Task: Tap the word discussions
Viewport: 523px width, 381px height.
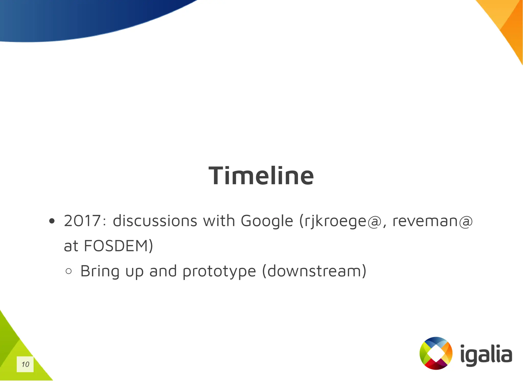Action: [x=155, y=221]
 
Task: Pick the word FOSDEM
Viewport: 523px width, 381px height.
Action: [x=116, y=246]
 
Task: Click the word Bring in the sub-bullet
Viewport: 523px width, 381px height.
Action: [x=100, y=271]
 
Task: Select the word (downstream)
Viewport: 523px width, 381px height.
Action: [x=314, y=271]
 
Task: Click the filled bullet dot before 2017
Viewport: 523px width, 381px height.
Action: [x=52, y=221]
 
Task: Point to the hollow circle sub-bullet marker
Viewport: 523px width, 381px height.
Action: [x=68, y=271]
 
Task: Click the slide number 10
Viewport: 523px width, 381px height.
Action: [x=25, y=364]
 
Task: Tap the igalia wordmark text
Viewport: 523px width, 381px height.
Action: [x=486, y=355]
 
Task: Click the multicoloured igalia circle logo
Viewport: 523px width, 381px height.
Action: [x=436, y=353]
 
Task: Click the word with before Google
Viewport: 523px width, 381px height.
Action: [x=219, y=221]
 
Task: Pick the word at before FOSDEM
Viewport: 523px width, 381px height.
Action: [x=71, y=246]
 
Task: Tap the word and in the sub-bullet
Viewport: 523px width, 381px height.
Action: [x=163, y=271]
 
